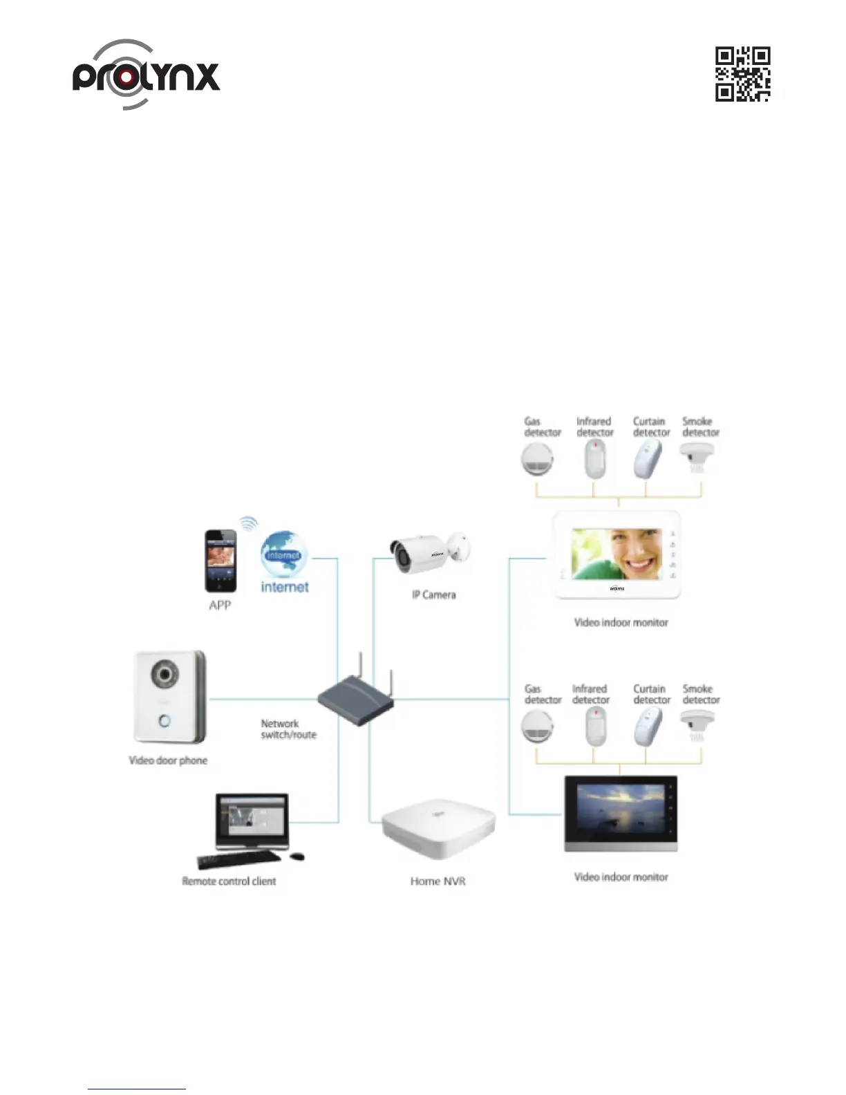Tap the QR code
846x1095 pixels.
point(742,74)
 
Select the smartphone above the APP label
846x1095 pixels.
point(220,561)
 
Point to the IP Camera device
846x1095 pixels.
point(428,552)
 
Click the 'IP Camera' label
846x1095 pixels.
point(434,595)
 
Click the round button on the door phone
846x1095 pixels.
point(164,721)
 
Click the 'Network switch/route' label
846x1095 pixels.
point(288,729)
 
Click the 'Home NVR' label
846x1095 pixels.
point(438,881)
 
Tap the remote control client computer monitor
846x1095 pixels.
point(252,821)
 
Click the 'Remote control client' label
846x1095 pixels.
point(229,881)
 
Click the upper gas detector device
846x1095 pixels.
point(537,460)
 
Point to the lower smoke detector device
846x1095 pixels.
point(697,726)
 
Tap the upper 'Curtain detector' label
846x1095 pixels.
point(651,427)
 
